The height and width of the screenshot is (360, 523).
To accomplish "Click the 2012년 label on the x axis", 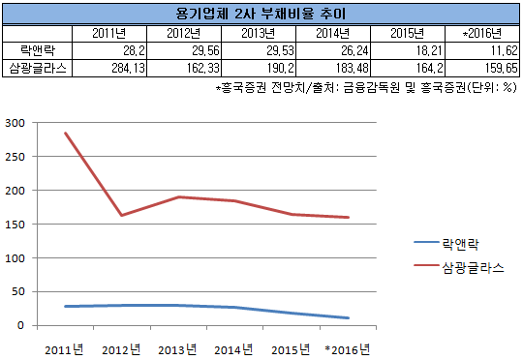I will point(121,347).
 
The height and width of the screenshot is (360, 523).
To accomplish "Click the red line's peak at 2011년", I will point(66,134).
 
